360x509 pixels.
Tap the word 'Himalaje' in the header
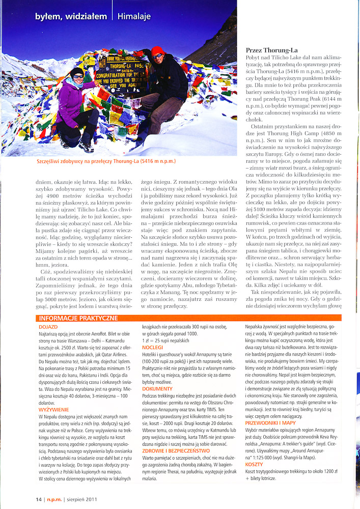(134, 16)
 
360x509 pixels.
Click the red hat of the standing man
(158, 51)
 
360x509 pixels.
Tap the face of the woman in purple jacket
(77, 77)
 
